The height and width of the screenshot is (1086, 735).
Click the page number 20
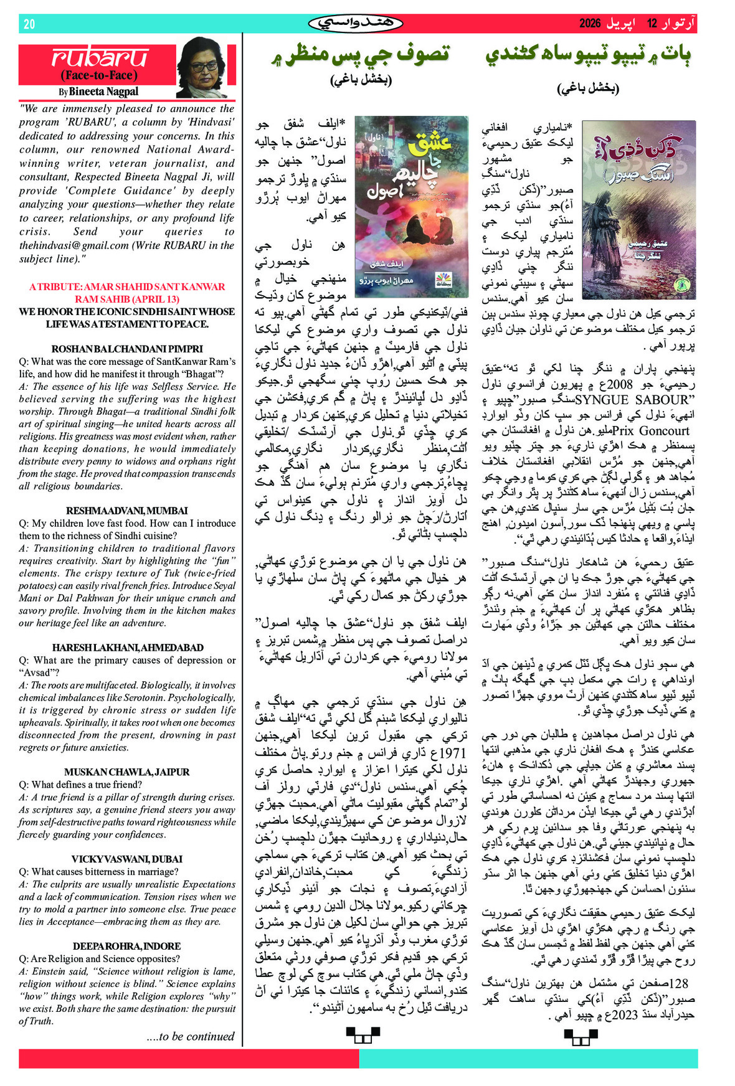(29, 24)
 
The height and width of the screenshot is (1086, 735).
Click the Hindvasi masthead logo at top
(355, 24)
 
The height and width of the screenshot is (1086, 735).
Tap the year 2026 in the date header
(589, 24)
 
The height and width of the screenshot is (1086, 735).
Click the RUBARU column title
(100, 58)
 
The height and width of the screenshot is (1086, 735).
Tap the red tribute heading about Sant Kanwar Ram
(127, 293)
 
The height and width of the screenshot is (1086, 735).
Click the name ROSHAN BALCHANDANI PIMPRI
(127, 349)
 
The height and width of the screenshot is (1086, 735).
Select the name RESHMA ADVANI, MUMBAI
(127, 511)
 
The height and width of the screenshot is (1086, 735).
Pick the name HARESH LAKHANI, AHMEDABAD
(127, 648)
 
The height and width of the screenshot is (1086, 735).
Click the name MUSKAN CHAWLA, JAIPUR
(127, 772)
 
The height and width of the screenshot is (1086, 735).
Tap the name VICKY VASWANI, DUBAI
(127, 859)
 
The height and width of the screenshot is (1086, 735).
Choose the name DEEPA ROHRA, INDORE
(127, 946)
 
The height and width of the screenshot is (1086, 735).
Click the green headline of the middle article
(361, 55)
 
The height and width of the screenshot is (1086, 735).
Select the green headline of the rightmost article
(588, 55)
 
